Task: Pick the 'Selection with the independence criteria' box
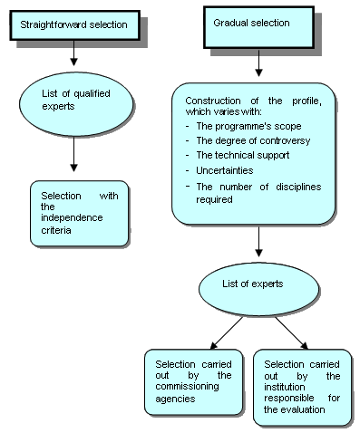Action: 73,213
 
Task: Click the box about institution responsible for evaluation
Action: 302,384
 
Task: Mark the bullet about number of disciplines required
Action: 258,192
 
